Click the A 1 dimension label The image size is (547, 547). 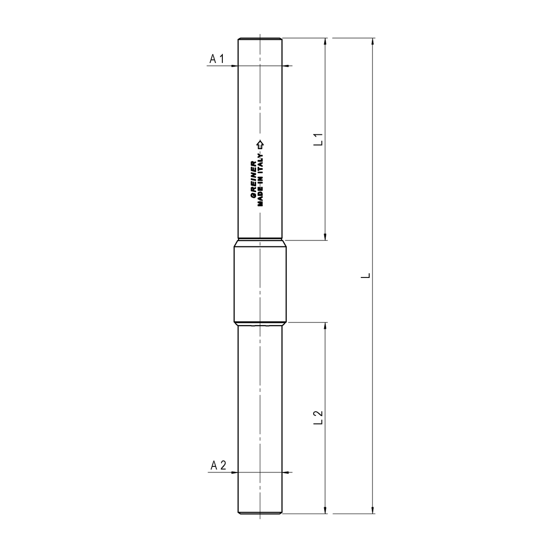pos(217,59)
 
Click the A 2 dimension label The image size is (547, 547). pos(218,465)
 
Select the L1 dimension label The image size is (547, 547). pos(318,139)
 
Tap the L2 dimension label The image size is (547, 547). pos(318,417)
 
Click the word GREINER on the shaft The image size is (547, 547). pos(253,180)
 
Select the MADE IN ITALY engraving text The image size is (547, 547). pos(260,178)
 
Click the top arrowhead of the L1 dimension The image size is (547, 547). pos(326,41)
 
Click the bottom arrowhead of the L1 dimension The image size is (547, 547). pos(326,236)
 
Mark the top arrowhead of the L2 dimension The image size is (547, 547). pos(326,326)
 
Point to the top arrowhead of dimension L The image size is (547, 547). pos(373,41)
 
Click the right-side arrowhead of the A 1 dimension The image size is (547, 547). pos(287,66)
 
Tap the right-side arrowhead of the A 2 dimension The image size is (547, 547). pos(287,472)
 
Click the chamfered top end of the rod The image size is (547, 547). pos(260,39)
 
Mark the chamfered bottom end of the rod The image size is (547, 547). pos(260,512)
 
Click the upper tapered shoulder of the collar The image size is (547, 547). pos(260,243)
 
